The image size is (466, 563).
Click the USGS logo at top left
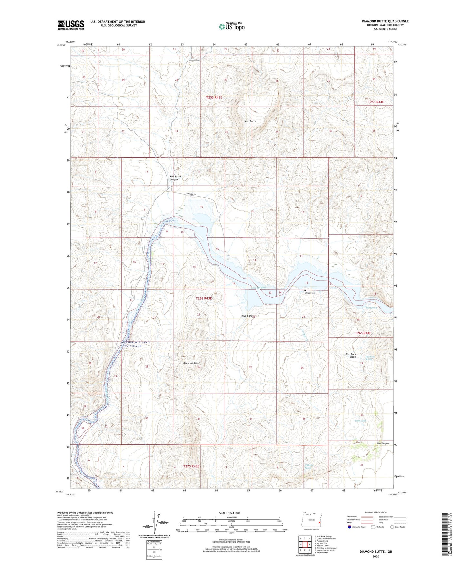71,25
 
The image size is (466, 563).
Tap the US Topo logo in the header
231,26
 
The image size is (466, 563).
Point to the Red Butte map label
250,121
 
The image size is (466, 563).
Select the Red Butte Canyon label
175,178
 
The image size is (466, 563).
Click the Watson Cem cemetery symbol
305,290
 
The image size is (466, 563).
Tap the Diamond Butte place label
191,363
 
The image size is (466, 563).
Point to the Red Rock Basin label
351,356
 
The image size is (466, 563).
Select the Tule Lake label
360,421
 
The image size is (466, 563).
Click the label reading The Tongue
382,444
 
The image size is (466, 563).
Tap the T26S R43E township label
204,299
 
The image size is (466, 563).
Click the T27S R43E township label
191,466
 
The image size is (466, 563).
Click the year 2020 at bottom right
376,557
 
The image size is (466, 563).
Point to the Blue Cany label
247,316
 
